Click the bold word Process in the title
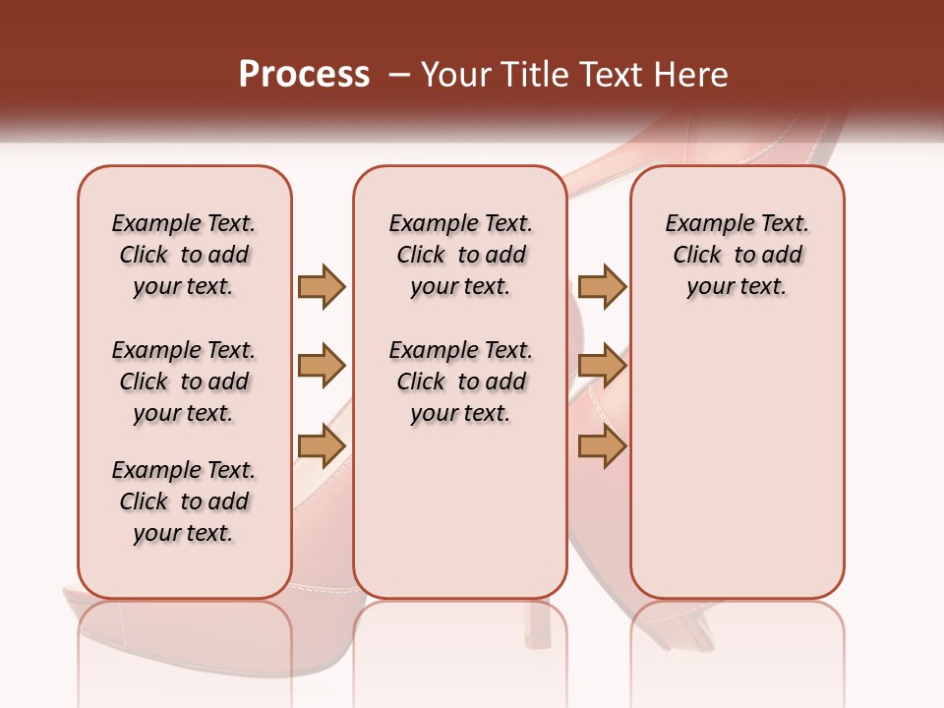point(304,75)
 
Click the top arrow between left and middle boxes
point(322,286)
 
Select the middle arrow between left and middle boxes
point(322,367)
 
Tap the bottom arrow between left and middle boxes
point(322,447)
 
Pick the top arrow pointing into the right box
point(602,286)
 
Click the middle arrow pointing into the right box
point(602,367)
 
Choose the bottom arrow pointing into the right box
point(602,447)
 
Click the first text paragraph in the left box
point(184,255)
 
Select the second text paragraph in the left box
point(184,382)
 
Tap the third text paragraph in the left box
point(184,501)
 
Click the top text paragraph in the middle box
point(460,255)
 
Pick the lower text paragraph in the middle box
point(460,382)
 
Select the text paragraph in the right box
point(737,255)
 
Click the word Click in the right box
point(697,256)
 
